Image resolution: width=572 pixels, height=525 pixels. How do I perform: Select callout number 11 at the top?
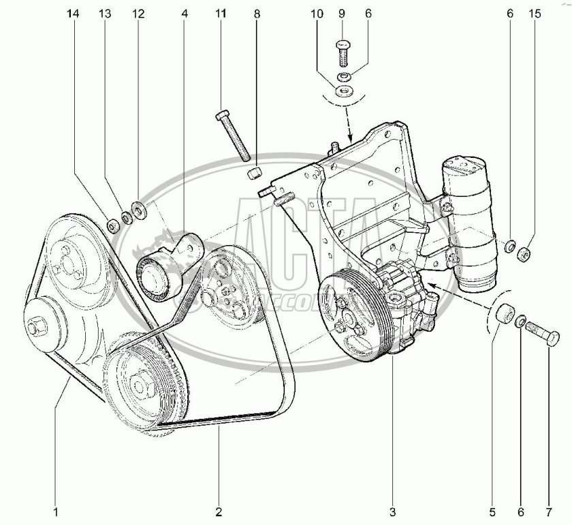coord(220,14)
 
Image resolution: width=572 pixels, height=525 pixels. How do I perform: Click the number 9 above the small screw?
coord(343,14)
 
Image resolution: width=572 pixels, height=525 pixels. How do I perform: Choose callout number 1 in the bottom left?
coord(57,511)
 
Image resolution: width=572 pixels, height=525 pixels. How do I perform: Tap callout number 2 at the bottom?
coord(219,511)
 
